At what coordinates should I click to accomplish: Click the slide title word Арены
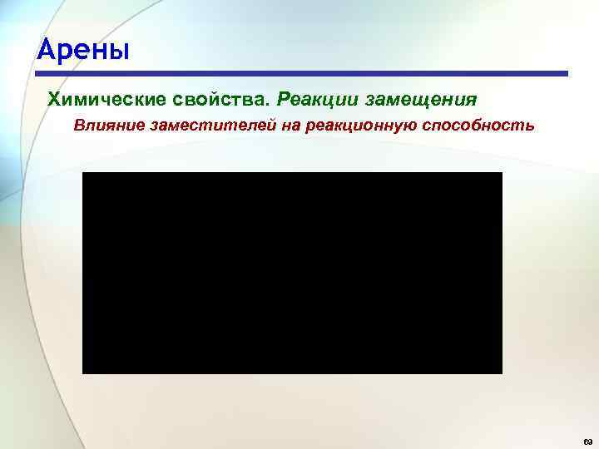(x=83, y=51)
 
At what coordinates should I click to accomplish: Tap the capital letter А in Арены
(x=47, y=51)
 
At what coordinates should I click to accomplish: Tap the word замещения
(x=422, y=101)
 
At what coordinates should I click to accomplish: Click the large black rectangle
(x=292, y=273)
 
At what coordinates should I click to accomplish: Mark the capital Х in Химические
(x=56, y=100)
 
